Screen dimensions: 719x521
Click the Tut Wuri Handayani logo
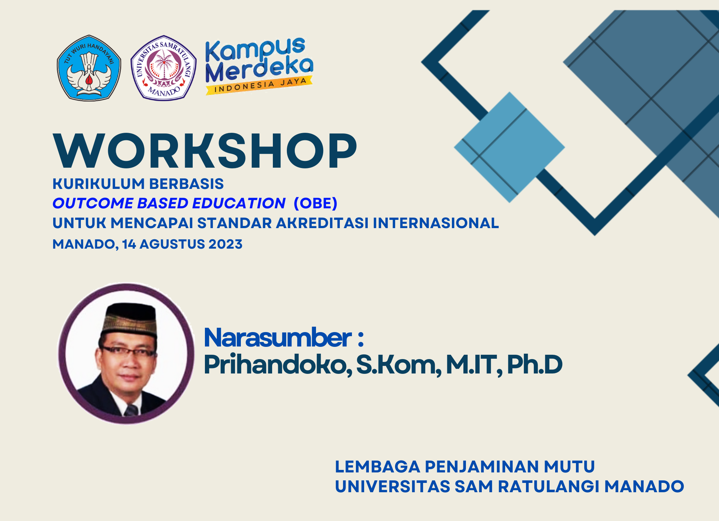tap(89, 68)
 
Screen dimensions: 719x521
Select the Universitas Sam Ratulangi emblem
tap(164, 68)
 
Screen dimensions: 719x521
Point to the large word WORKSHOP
tap(205, 151)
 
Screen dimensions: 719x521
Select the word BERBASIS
tap(187, 184)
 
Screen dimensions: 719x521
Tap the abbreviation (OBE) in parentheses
tap(316, 203)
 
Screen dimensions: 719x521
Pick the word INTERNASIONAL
tap(436, 223)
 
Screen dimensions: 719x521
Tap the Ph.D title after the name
tap(535, 365)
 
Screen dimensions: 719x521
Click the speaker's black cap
tap(129, 319)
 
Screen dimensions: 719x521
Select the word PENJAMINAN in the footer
tap(484, 467)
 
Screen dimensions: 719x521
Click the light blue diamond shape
tap(509, 147)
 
